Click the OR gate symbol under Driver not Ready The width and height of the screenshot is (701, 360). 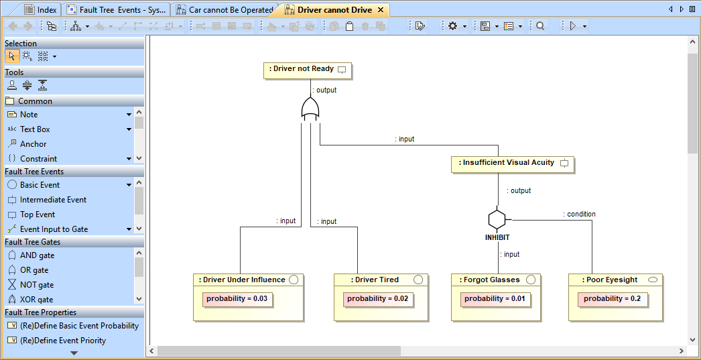[x=310, y=109]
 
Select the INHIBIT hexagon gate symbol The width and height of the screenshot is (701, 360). [x=497, y=219]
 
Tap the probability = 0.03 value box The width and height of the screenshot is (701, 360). [x=237, y=299]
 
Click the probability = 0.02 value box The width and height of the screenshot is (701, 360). [x=377, y=299]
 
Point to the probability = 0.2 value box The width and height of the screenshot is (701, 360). [x=612, y=299]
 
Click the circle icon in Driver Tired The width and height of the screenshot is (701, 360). [x=418, y=280]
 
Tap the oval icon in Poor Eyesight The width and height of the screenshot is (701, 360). [x=653, y=280]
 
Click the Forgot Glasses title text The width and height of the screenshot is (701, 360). [x=491, y=280]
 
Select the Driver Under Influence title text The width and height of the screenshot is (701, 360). [x=244, y=280]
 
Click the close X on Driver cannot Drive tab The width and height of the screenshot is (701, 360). [x=380, y=10]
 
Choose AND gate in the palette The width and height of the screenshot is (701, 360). [x=37, y=255]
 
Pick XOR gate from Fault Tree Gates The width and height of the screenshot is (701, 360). [x=37, y=300]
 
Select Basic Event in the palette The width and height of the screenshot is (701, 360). [x=40, y=185]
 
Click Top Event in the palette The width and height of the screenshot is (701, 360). [x=38, y=215]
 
